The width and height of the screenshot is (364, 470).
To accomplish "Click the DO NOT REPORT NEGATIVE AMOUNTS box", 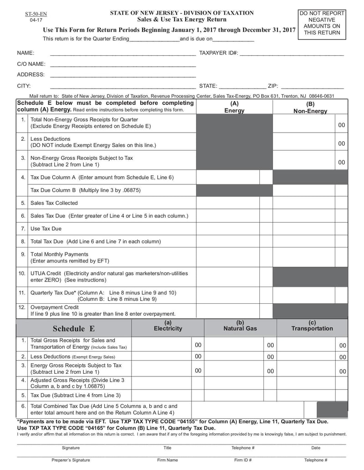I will click(x=322, y=23).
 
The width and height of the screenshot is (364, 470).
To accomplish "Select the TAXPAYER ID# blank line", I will click(x=291, y=54).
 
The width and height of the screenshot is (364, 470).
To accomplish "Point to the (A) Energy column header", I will click(x=234, y=107).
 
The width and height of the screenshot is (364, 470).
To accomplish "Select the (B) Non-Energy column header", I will click(x=310, y=108).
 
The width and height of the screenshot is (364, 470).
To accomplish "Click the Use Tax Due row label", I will click(x=46, y=228).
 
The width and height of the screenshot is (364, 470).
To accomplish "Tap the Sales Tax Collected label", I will click(x=54, y=203).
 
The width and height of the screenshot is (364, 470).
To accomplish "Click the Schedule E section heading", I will click(x=74, y=329).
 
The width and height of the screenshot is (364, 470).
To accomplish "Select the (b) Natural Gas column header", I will click(x=240, y=326).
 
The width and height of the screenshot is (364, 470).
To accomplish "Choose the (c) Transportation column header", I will click(x=312, y=326).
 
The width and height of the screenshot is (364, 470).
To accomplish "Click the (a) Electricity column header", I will click(x=168, y=326).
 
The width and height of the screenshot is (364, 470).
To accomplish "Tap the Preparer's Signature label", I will click(x=71, y=460).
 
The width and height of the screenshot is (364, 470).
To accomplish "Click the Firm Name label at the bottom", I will click(x=167, y=460).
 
